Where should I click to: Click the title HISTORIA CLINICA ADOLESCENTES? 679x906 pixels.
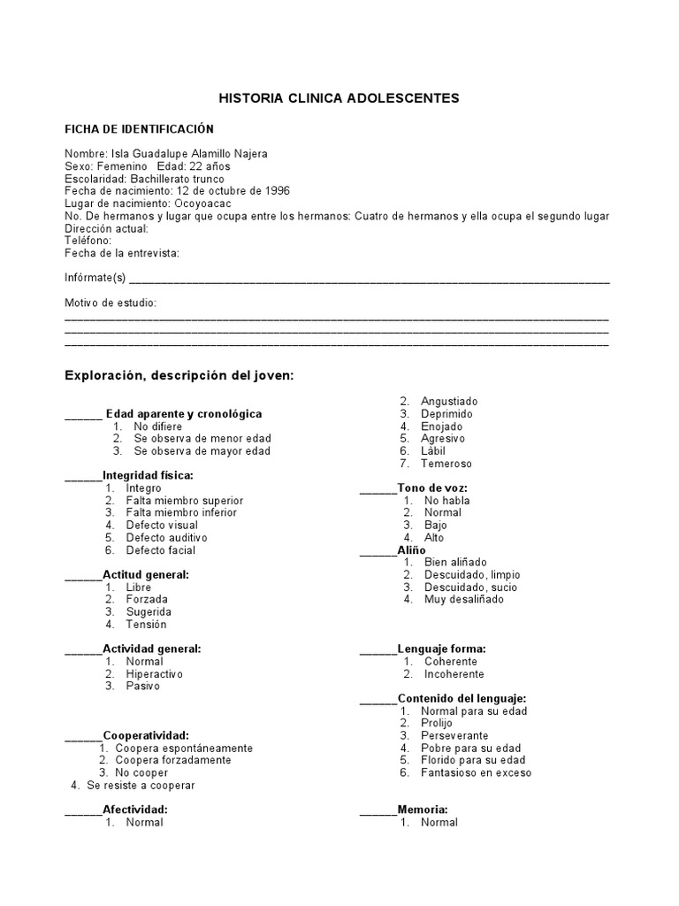point(339,98)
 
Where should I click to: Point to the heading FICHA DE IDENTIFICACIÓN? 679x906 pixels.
point(139,129)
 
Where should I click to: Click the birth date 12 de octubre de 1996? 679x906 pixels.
point(233,191)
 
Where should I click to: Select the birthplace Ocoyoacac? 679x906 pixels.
point(204,203)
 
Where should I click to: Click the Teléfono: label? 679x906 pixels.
point(88,241)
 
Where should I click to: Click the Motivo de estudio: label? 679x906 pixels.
point(111,303)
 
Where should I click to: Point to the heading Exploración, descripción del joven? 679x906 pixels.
point(179,375)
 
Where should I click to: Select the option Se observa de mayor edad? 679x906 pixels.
point(202,450)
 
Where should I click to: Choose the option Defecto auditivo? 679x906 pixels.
point(166,537)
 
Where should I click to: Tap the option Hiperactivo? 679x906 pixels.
point(154,673)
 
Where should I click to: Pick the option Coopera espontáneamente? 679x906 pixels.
point(184,748)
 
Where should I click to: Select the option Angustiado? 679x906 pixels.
point(449,401)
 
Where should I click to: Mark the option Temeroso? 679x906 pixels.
point(446,464)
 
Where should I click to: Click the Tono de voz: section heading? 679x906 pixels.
point(432,488)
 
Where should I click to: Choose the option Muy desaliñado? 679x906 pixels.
point(463,599)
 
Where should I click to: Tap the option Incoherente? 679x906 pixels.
point(454,673)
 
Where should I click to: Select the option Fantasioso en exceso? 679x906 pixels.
point(476,772)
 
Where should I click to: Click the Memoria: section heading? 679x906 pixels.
point(423,809)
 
